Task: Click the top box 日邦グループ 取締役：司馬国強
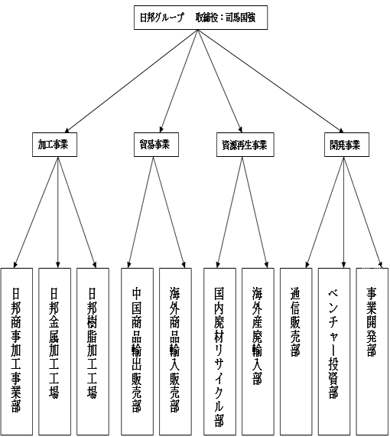click(x=200, y=18)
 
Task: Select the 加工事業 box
click(x=54, y=145)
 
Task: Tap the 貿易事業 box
click(x=156, y=145)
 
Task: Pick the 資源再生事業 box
click(x=245, y=145)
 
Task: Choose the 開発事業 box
click(x=347, y=145)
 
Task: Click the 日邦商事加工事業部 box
click(x=17, y=351)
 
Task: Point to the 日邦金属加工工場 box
click(x=54, y=351)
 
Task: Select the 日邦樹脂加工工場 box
click(x=93, y=351)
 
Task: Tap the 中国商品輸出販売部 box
click(x=138, y=351)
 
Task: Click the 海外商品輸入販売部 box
click(x=176, y=351)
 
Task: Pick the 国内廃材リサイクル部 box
click(x=219, y=351)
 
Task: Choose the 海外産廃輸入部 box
click(x=258, y=351)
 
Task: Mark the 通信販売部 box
click(x=296, y=351)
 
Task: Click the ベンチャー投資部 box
click(x=334, y=351)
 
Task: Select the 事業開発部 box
click(x=372, y=351)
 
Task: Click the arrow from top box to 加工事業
click(x=131, y=81)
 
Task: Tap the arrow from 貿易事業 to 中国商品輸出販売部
click(x=141, y=212)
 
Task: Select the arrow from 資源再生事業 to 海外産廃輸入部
click(x=255, y=212)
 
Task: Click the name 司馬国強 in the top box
click(x=240, y=18)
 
